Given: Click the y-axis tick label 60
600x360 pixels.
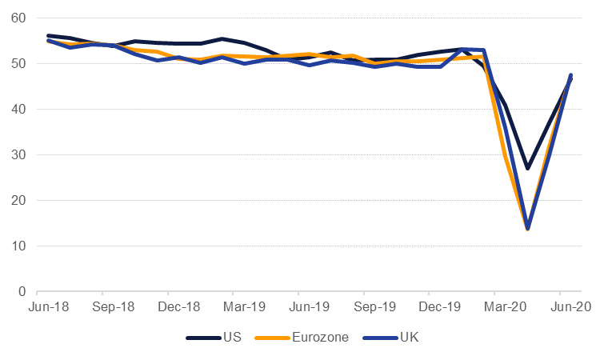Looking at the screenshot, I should pyautogui.click(x=18, y=18).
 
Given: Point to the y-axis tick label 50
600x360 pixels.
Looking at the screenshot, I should pyautogui.click(x=18, y=64).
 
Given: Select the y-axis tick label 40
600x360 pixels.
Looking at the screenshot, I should pyautogui.click(x=18, y=110).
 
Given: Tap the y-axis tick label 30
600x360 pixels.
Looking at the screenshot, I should pyautogui.click(x=18, y=155).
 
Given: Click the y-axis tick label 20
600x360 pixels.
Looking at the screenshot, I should pyautogui.click(x=18, y=201).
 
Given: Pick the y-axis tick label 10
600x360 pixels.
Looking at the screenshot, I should pyautogui.click(x=18, y=246).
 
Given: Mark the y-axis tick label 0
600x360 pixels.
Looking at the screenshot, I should pyautogui.click(x=22, y=292).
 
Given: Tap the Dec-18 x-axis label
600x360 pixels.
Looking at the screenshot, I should pyautogui.click(x=178, y=306).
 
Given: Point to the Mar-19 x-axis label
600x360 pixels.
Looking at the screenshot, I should pyautogui.click(x=243, y=306).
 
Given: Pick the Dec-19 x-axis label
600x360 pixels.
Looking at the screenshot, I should pyautogui.click(x=439, y=306).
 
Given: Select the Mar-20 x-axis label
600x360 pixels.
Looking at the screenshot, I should pyautogui.click(x=504, y=306).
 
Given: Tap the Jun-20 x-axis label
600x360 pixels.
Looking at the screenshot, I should pyautogui.click(x=569, y=306).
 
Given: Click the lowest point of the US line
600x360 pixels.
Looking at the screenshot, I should pyautogui.click(x=528, y=168).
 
